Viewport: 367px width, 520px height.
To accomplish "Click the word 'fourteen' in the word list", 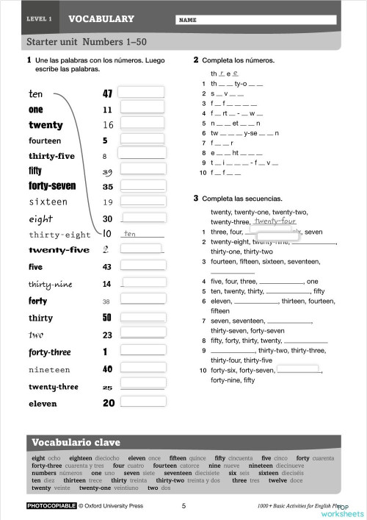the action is point(46,140).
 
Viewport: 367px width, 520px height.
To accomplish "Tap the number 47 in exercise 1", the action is point(107,94).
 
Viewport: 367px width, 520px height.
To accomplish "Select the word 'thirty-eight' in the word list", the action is point(59,235).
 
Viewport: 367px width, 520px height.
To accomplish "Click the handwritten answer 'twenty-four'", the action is point(275,221).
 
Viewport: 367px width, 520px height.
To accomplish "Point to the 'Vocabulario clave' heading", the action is point(70,443).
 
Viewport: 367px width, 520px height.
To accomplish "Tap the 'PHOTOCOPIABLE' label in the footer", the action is point(51,506).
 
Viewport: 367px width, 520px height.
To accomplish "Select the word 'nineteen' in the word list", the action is point(50,370).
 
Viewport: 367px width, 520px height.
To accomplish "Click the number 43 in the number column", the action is point(107,267).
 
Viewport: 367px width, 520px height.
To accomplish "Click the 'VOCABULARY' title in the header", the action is point(101,19).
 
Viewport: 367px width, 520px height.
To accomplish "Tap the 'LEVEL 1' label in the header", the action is point(39,19).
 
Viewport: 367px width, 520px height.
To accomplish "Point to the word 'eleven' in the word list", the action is point(43,404).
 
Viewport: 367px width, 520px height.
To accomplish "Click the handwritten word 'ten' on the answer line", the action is point(131,234).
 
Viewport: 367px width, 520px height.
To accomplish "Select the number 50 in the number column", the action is point(107,318).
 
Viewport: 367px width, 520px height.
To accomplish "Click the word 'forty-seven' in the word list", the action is point(53,187).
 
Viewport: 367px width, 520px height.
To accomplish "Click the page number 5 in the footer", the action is point(183,506).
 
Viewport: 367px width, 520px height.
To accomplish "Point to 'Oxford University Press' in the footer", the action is point(114,506).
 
